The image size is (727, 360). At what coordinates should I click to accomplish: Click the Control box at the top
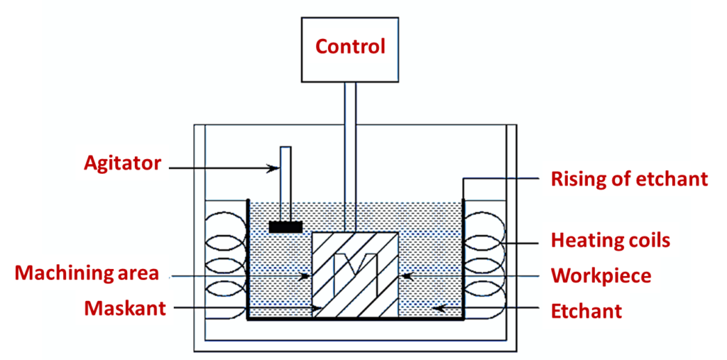[350, 48]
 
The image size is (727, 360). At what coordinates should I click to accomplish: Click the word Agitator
[123, 164]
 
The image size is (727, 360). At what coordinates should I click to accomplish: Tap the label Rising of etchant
[629, 179]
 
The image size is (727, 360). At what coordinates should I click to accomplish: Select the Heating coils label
[610, 240]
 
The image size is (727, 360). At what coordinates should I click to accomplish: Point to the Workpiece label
[601, 276]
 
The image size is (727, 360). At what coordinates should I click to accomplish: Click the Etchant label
[586, 310]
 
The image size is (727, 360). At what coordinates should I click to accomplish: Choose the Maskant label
[124, 308]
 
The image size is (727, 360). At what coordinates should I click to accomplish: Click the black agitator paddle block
[285, 227]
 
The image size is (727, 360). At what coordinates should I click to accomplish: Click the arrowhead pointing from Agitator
[276, 168]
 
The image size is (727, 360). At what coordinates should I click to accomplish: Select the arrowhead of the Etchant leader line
[438, 308]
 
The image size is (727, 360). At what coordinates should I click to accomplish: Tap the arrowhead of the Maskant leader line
[317, 308]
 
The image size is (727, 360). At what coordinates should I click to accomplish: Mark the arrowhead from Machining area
[307, 275]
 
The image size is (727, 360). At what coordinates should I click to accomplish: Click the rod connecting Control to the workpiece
[350, 156]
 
